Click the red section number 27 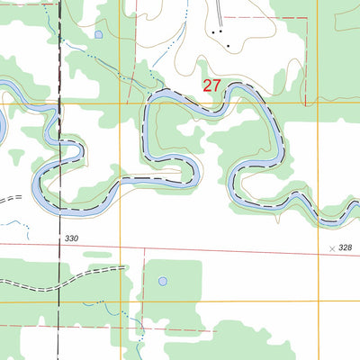(211, 86)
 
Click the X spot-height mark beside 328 (332, 246)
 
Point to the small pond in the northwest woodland (98, 34)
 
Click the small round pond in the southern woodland (162, 281)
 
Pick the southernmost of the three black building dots (229, 46)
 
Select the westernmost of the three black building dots (212, 32)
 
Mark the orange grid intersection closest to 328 (317, 302)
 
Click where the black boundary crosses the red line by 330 (60, 244)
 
